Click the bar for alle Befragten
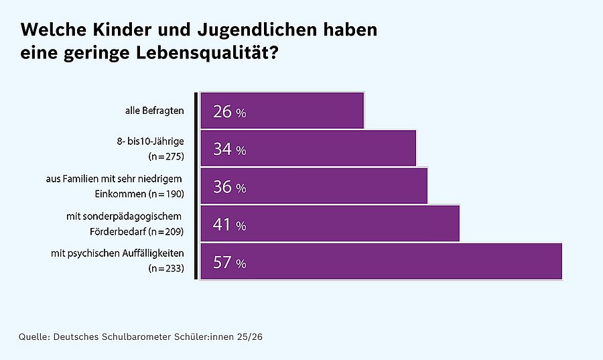(x=282, y=111)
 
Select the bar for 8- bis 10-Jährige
(x=308, y=148)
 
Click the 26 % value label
(x=229, y=112)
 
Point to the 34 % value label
(x=229, y=149)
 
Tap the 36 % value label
(x=229, y=187)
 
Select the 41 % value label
(x=229, y=225)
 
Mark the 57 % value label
(x=229, y=263)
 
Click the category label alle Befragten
(x=154, y=111)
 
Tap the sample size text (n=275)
(x=165, y=157)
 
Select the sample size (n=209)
(x=165, y=232)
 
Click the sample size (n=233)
(x=165, y=269)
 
